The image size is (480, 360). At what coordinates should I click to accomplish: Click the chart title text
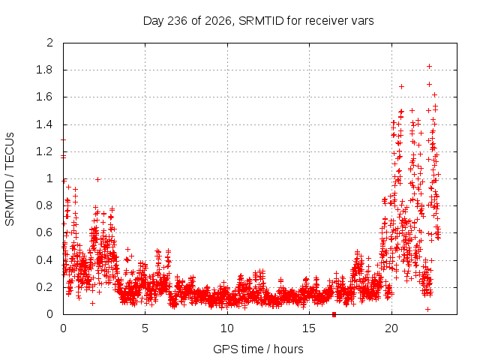[x=258, y=21]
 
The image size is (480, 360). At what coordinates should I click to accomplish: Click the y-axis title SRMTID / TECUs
[x=10, y=179]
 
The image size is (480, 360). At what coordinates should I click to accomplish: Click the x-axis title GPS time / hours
[x=258, y=349]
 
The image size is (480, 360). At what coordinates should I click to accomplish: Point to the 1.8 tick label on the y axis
[x=44, y=70]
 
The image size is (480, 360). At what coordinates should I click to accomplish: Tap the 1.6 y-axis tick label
[x=44, y=97]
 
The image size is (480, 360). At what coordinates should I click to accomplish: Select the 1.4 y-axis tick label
[x=44, y=124]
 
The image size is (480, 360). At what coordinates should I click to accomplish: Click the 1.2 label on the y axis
[x=44, y=151]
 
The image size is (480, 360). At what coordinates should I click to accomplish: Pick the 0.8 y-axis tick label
[x=44, y=205]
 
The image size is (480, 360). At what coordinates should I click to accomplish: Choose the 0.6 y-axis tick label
[x=44, y=232]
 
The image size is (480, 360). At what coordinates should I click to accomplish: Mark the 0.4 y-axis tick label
[x=44, y=260]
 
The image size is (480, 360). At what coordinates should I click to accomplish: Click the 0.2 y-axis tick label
[x=44, y=287]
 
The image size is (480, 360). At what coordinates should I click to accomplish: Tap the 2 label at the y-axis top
[x=49, y=43]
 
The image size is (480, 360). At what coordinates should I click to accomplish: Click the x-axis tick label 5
[x=145, y=328]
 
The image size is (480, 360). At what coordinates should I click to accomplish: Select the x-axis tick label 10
[x=226, y=328]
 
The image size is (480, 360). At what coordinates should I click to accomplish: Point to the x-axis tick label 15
[x=309, y=328]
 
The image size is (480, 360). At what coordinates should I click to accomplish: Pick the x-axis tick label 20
[x=391, y=328]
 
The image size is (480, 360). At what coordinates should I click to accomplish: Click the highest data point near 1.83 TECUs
[x=430, y=67]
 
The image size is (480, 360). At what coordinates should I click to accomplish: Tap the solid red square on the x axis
[x=334, y=314]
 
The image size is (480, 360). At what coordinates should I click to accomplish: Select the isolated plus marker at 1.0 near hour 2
[x=97, y=179]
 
